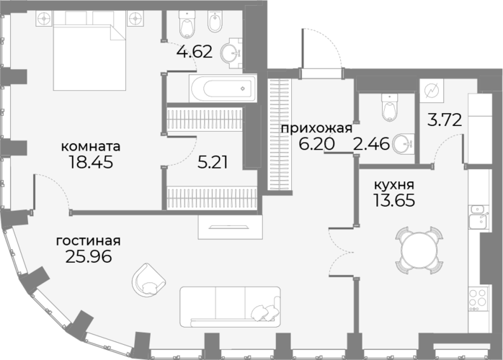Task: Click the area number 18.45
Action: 91,162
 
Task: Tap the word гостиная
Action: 88,240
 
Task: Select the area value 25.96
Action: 89,256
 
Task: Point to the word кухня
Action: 394,185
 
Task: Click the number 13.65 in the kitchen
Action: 394,201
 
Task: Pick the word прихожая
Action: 316,129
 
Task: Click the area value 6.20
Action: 316,144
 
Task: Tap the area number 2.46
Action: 371,144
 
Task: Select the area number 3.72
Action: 445,120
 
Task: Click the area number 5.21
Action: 213,163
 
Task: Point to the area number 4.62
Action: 195,52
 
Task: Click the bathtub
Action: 223,89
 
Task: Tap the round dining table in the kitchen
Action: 419,250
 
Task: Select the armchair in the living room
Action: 149,280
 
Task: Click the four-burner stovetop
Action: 478,299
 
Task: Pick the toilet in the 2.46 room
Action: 389,107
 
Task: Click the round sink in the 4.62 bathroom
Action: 231,53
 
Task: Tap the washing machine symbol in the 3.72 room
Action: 432,91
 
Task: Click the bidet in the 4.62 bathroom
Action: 215,20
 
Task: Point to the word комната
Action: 91,146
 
